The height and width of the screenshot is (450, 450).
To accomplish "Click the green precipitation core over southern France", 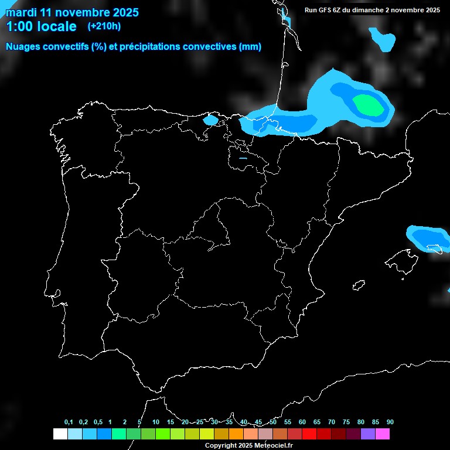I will pyautogui.click(x=367, y=105).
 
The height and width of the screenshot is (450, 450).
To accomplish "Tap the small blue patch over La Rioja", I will pyautogui.click(x=243, y=158).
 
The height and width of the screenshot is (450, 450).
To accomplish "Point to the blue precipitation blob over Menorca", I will pyautogui.click(x=426, y=237).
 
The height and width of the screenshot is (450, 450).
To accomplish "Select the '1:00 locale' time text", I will pyautogui.click(x=41, y=26).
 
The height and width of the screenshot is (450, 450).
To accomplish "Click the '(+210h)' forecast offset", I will pyautogui.click(x=104, y=26).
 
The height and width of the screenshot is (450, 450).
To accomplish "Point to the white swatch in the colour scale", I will pyautogui.click(x=60, y=434).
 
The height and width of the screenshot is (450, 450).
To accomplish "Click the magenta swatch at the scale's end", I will pyautogui.click(x=383, y=434).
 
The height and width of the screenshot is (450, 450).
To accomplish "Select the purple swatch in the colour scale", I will pyautogui.click(x=368, y=434).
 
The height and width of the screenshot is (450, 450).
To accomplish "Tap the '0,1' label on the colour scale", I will pyautogui.click(x=69, y=422).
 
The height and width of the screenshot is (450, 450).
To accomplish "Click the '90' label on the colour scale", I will pyautogui.click(x=390, y=422).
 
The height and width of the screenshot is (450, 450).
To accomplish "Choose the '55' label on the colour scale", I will pyautogui.click(x=288, y=422).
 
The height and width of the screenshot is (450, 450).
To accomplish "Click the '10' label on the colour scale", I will pyautogui.click(x=156, y=422).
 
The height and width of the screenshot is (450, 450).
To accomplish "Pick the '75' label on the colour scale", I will pyautogui.click(x=346, y=422).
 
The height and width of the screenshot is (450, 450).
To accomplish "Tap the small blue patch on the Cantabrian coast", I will pyautogui.click(x=210, y=120).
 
